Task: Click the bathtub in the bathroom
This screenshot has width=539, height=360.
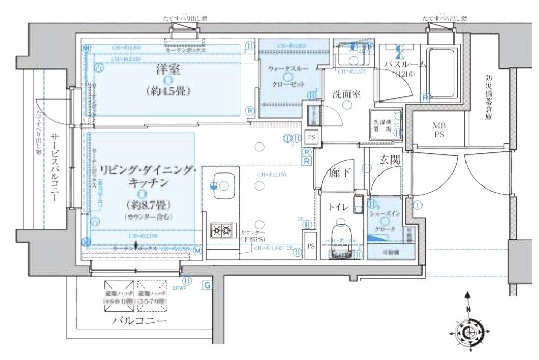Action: (443, 76)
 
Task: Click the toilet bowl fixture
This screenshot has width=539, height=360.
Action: (340, 231)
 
